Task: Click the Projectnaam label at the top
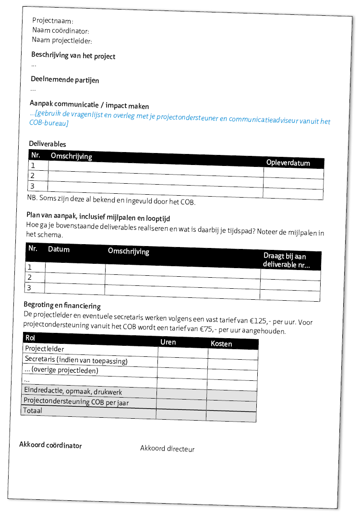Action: (x=52, y=22)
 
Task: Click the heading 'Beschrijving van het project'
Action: (x=73, y=56)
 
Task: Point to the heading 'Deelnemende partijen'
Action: (x=65, y=80)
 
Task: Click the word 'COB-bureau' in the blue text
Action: (x=48, y=124)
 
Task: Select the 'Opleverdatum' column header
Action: (x=288, y=163)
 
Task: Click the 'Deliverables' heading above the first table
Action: (x=48, y=144)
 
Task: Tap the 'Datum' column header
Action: (x=59, y=249)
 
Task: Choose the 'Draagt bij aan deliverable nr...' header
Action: (x=287, y=260)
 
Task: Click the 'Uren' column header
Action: (x=168, y=342)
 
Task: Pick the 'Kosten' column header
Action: (x=221, y=344)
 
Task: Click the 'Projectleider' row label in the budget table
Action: (x=44, y=349)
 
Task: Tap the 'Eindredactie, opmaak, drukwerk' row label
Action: (x=72, y=392)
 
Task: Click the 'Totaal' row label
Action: (x=33, y=411)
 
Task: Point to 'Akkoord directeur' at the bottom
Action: (x=167, y=449)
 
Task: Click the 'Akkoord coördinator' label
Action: (x=50, y=445)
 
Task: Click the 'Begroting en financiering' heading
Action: (x=62, y=305)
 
